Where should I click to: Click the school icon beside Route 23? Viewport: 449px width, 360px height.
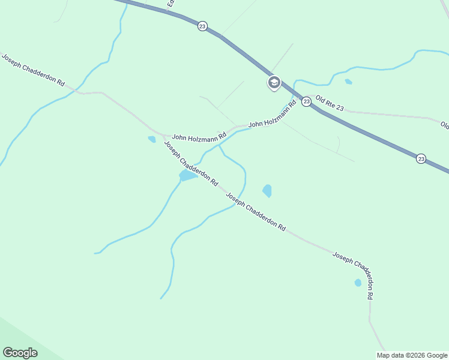click(x=274, y=83)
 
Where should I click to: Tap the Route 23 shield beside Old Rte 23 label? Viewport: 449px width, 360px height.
click(x=306, y=101)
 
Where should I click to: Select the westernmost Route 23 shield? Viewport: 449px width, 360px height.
click(x=202, y=26)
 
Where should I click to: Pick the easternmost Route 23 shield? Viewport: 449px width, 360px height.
click(x=421, y=158)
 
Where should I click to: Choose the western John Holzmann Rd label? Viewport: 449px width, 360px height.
click(x=199, y=137)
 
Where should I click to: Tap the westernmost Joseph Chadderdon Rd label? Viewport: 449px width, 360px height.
click(x=33, y=70)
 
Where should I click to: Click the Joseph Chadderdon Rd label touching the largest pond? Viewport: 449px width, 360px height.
click(x=191, y=164)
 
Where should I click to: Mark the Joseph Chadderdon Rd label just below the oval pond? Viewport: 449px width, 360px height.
click(x=256, y=212)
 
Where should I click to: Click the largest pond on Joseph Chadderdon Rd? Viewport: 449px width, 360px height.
click(x=187, y=176)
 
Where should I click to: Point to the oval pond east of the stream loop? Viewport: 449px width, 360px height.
click(x=267, y=191)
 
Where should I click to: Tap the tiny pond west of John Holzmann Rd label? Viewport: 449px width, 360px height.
click(x=152, y=139)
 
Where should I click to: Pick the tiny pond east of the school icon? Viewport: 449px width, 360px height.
click(x=348, y=82)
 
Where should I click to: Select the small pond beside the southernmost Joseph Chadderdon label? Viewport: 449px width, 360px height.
click(x=358, y=283)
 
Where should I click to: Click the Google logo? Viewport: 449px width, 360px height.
click(x=20, y=353)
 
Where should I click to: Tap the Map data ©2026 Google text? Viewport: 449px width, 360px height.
click(x=412, y=355)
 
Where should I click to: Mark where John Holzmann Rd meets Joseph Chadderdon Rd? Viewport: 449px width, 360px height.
click(x=163, y=135)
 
